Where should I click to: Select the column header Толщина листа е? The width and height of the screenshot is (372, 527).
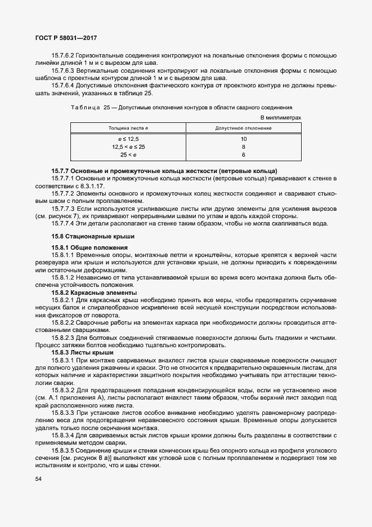pos(128,129)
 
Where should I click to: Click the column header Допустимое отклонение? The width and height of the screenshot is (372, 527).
pos(243,129)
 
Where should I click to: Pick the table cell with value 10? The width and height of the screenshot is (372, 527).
pos(244,139)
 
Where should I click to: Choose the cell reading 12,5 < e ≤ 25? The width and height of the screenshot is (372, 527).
pos(128,147)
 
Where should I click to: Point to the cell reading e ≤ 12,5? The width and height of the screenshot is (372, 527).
pos(128,139)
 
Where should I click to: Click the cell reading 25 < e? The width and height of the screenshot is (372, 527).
pos(128,154)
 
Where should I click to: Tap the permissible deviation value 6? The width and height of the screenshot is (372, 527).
pos(244,154)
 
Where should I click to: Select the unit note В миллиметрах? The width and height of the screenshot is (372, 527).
pos(281,117)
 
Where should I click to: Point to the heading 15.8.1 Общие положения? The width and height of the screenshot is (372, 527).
pos(89,247)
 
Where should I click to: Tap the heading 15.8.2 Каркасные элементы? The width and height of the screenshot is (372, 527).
pos(94,293)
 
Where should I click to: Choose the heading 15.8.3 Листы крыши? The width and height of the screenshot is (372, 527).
pos(82,352)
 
